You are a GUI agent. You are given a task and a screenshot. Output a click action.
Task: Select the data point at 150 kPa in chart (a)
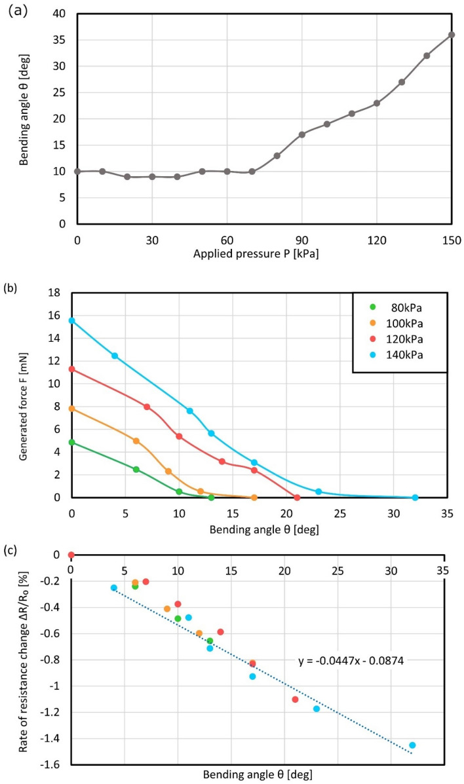(x=452, y=35)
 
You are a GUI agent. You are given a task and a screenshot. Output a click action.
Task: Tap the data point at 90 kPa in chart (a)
(x=302, y=134)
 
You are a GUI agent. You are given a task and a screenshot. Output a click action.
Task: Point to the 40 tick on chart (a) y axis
(x=61, y=14)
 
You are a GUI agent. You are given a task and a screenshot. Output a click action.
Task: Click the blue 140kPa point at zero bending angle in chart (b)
(x=71, y=320)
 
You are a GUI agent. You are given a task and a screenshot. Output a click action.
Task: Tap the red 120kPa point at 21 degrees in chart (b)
(x=297, y=498)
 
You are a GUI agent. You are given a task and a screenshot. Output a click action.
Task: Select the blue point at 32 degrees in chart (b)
(x=415, y=498)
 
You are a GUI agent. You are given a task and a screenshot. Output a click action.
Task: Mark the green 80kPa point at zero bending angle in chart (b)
(x=71, y=442)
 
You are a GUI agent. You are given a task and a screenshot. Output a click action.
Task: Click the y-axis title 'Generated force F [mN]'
(x=24, y=395)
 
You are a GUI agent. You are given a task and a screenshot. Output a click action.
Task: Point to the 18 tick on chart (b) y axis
(x=61, y=293)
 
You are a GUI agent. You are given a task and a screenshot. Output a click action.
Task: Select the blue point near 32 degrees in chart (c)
(x=412, y=745)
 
